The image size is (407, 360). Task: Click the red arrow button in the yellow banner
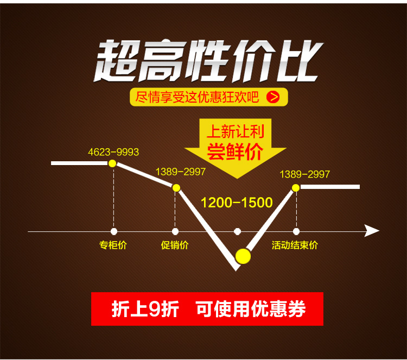[274, 97]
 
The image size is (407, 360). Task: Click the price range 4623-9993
[113, 152]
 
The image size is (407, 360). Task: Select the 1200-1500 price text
[237, 203]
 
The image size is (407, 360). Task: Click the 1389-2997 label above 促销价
[181, 172]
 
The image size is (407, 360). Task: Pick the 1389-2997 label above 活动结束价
[304, 174]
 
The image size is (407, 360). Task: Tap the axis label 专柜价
[113, 245]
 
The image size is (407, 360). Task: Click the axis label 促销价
[175, 245]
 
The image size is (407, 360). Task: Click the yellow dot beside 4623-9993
[112, 163]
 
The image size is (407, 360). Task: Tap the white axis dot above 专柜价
[113, 231]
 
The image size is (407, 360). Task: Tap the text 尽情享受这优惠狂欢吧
[198, 97]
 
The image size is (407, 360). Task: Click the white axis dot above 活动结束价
[296, 231]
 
